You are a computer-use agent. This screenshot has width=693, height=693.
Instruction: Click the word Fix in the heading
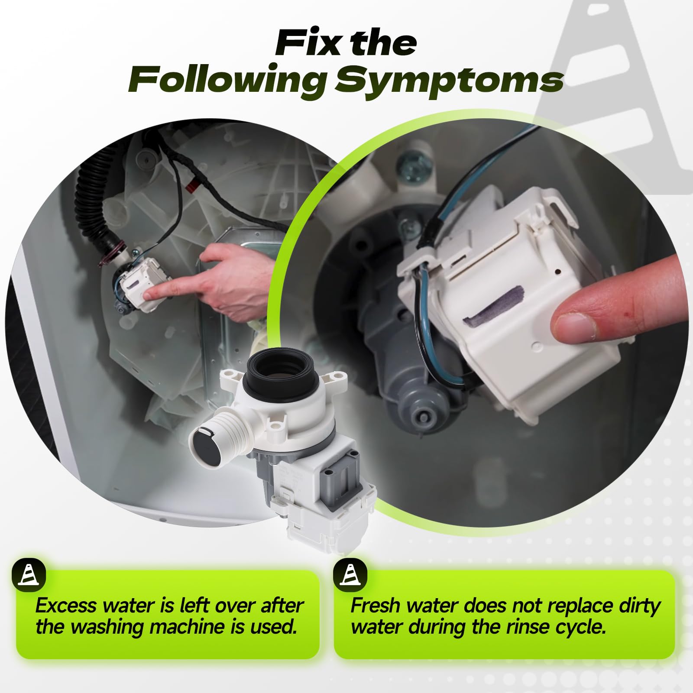(308, 42)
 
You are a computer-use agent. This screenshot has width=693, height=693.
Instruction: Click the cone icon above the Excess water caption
(29, 575)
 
